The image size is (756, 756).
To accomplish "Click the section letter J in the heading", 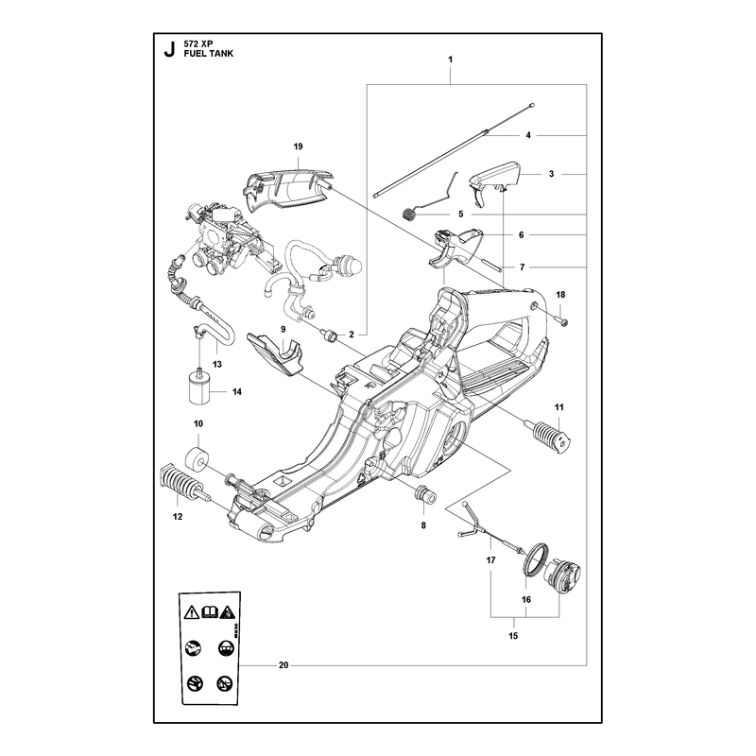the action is (169, 50).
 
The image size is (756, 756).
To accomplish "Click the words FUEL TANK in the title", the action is (208, 54).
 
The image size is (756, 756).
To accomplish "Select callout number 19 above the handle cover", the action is (298, 146).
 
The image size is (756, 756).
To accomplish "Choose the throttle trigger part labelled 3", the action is (494, 182).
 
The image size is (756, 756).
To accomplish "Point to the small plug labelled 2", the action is (329, 335).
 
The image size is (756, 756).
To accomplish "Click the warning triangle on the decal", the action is (192, 612).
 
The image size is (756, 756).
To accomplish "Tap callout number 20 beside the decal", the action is (283, 665).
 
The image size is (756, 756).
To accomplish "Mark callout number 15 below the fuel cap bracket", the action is (513, 636).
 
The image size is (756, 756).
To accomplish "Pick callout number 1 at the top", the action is (451, 60).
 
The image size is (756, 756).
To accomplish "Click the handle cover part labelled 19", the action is (287, 190).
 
